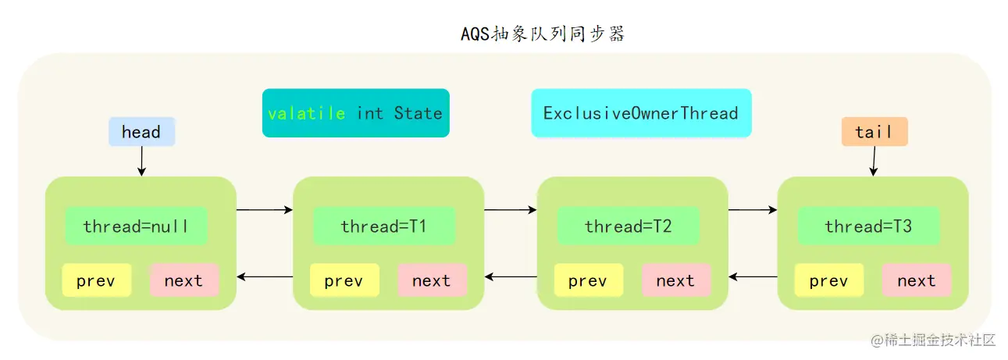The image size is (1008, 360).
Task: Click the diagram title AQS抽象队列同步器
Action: click(543, 34)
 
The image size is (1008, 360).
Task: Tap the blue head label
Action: click(141, 132)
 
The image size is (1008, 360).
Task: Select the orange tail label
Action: click(874, 132)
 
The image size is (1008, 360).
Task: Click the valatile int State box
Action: click(355, 113)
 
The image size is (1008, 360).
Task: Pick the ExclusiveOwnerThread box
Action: click(641, 113)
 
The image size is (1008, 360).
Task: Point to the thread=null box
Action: click(135, 226)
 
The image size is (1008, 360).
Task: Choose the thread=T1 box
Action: click(383, 226)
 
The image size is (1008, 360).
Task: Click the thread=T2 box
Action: click(628, 226)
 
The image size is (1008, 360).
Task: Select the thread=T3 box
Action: click(868, 226)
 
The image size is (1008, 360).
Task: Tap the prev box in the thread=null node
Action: click(97, 280)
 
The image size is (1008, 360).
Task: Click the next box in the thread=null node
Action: click(184, 280)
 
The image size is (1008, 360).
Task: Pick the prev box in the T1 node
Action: click(344, 280)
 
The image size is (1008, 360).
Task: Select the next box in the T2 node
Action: click(676, 280)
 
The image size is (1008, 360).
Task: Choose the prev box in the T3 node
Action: click(828, 280)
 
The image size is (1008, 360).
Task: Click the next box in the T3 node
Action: click(917, 280)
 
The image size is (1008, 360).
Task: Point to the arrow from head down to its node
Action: click(141, 161)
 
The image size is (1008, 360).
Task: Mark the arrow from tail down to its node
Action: click(874, 161)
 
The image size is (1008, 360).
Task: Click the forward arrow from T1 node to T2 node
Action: click(511, 210)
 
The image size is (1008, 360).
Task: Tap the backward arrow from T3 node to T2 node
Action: click(753, 276)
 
